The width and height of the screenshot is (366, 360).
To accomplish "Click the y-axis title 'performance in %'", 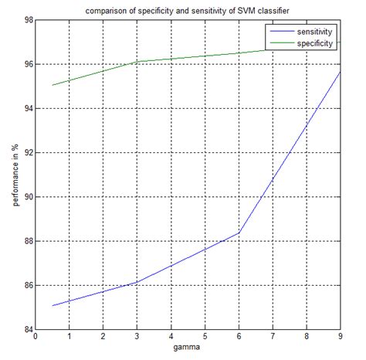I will point(15,175).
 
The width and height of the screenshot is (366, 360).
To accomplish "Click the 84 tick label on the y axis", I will point(25,330).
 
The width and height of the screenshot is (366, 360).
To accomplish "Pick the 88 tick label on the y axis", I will point(25,241).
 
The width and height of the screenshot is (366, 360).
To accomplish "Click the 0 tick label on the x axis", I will point(35,338).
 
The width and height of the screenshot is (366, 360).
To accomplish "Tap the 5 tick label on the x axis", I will point(205,338).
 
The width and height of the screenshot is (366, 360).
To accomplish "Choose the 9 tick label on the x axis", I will point(341,338).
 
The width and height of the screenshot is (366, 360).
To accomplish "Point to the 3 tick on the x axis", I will point(137,338).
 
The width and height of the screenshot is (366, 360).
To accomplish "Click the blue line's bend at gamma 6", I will point(239,233).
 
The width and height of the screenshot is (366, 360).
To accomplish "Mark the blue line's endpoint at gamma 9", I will point(341,72).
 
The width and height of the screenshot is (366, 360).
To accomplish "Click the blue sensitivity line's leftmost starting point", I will point(52,305).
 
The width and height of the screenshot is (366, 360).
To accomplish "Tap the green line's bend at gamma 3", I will point(137,62).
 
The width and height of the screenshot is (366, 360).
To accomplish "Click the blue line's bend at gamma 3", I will point(137,283).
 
